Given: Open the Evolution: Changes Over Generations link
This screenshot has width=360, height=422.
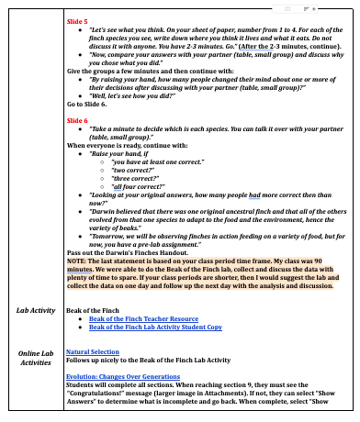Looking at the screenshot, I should coord(136,376).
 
